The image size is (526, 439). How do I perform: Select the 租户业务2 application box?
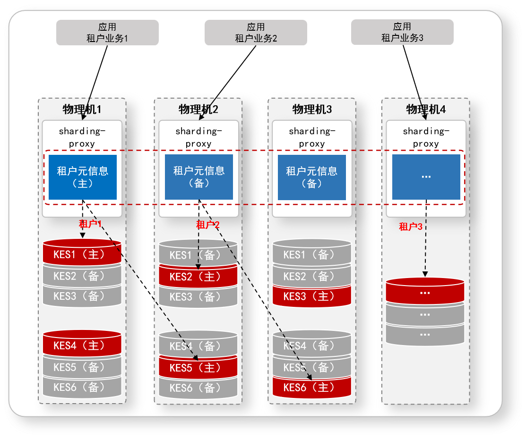(256, 33)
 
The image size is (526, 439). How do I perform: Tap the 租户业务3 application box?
(402, 32)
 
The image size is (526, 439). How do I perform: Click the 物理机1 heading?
(82, 110)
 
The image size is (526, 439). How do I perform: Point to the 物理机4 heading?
(426, 110)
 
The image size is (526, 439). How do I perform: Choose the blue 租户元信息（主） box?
(83, 177)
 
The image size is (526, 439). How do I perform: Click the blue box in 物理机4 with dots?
(426, 177)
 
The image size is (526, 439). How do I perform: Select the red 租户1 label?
(90, 224)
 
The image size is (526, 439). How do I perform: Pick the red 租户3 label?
(410, 227)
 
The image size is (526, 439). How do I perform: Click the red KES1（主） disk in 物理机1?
(82, 254)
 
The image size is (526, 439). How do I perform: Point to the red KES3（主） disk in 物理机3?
(312, 296)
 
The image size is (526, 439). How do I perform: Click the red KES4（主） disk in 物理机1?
(82, 345)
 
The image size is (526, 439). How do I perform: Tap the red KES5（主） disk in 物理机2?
(198, 368)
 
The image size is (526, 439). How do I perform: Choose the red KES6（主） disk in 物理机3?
(312, 388)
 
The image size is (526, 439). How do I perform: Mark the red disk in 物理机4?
(425, 292)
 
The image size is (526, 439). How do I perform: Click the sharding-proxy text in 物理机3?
(312, 137)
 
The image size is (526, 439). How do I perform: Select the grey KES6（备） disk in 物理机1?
(82, 388)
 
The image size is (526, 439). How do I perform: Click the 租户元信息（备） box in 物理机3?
(312, 177)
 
